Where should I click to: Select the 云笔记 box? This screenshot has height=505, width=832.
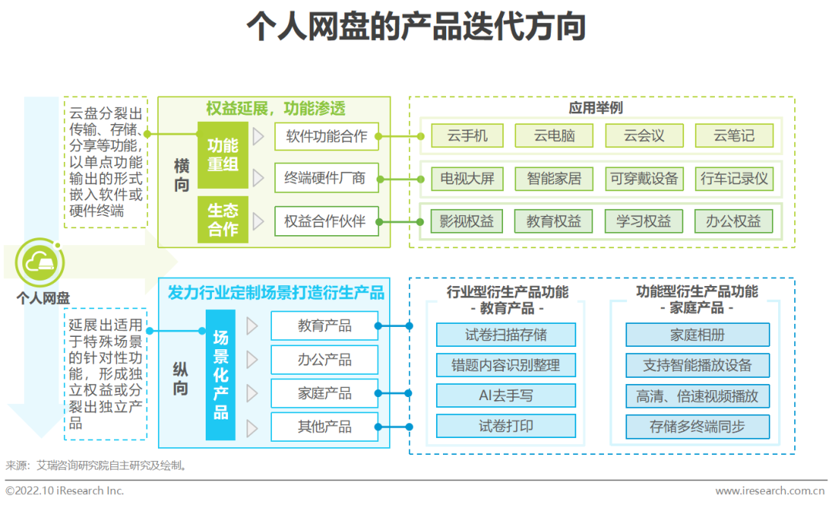[x=733, y=136]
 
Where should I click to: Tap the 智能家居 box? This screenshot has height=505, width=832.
[x=554, y=179]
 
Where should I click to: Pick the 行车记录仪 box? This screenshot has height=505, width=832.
[x=733, y=179]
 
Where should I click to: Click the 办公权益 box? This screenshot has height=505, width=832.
[x=733, y=221]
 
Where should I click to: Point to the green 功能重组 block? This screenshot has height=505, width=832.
[x=223, y=154]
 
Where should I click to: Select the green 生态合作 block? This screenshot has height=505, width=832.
[x=223, y=220]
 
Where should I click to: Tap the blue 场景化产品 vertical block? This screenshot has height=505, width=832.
[x=221, y=375]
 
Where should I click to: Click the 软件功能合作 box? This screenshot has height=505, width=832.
[x=327, y=136]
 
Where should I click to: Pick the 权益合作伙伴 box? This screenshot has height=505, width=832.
[x=327, y=221]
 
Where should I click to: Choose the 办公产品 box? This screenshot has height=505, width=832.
[x=324, y=359]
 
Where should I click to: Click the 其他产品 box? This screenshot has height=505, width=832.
[x=324, y=426]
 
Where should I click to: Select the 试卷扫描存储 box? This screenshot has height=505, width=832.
[x=505, y=335]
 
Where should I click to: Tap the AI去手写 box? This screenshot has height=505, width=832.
[x=505, y=396]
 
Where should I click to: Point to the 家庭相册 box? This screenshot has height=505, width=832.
[x=697, y=335]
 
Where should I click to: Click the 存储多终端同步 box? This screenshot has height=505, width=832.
[x=697, y=426]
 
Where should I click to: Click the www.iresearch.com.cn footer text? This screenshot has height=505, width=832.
[x=770, y=491]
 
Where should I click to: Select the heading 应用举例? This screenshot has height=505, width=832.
[x=595, y=108]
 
